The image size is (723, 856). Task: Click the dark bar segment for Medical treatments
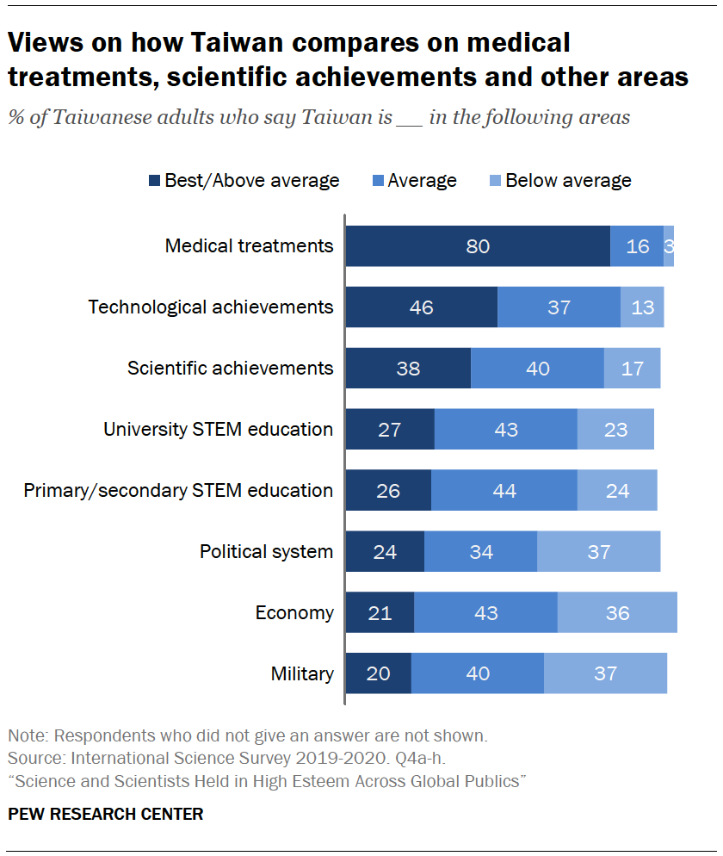coord(478,246)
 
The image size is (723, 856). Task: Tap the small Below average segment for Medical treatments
coord(669,246)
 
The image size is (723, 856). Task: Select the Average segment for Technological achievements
coord(559,307)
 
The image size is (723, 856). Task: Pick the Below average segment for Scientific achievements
coord(632,369)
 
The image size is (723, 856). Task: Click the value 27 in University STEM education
coord(390,429)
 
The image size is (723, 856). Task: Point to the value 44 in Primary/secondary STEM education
coord(504,491)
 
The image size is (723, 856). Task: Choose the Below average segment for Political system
coord(598,552)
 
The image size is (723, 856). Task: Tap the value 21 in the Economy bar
coord(380,613)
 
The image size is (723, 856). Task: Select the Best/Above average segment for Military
coord(379,673)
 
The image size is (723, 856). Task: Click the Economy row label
coord(294,613)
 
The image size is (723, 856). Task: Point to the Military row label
coord(302,673)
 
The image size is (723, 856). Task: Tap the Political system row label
coord(266,552)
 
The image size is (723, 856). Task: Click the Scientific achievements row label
coord(230,369)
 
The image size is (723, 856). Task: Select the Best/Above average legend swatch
coord(155,181)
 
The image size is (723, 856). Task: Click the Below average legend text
coord(568,181)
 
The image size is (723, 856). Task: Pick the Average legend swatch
coord(378,181)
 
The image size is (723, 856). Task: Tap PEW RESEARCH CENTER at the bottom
coord(106,814)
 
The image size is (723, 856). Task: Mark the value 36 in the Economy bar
coord(617,613)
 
